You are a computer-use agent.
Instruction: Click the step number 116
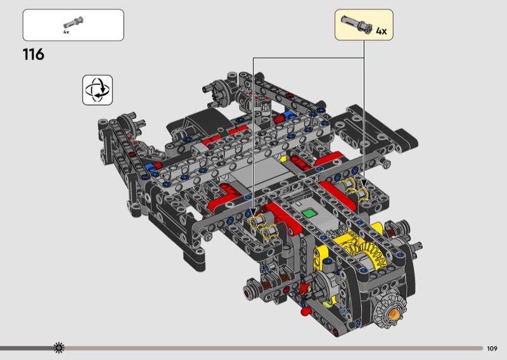click(x=34, y=55)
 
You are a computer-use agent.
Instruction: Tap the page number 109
click(x=492, y=349)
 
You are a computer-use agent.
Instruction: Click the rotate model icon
click(x=98, y=90)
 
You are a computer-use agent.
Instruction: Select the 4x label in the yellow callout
click(x=382, y=31)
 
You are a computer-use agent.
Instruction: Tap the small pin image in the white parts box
click(x=74, y=23)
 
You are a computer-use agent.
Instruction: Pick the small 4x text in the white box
click(x=67, y=32)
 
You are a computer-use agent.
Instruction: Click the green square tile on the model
click(x=309, y=213)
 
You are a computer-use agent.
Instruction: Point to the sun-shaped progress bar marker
click(x=59, y=348)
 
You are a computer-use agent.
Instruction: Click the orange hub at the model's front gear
click(x=394, y=313)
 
